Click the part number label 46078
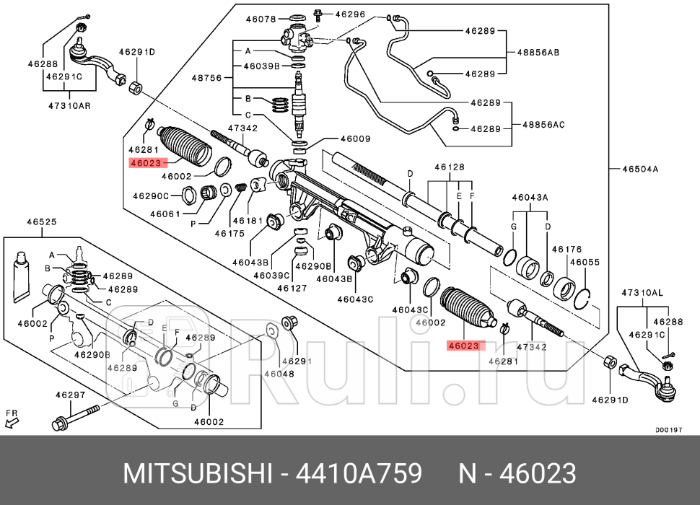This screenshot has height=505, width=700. pos(261,19)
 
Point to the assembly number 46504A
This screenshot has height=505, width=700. pos(642,170)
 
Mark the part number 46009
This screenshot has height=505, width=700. pos(355,139)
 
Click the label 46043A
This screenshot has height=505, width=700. pos(530,197)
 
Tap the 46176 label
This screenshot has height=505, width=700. pos(566,249)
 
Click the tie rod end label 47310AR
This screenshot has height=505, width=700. pos(69,106)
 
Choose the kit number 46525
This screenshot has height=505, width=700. pos(41,222)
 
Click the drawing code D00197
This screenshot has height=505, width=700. pos(669,429)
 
